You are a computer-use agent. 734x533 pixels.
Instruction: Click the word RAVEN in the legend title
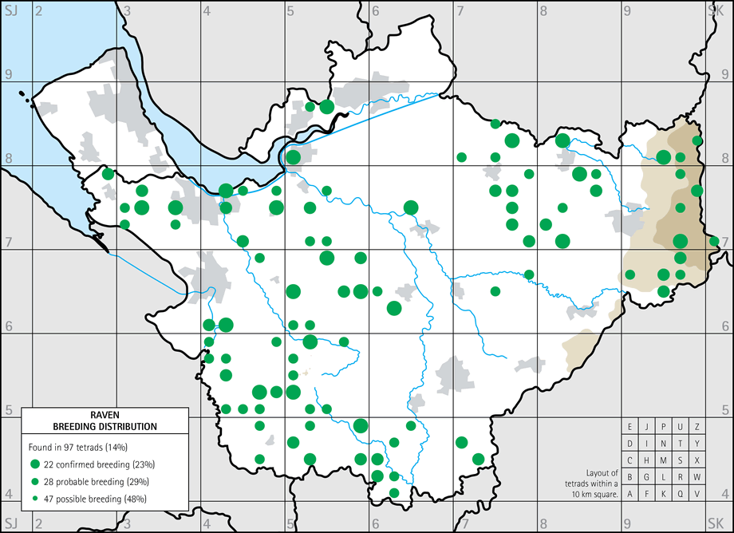click(x=105, y=416)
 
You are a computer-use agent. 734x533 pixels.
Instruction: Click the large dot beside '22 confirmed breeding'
click(x=35, y=464)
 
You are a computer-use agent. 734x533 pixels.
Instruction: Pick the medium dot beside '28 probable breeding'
click(x=35, y=481)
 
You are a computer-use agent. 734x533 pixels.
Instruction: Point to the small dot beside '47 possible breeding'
click(x=35, y=499)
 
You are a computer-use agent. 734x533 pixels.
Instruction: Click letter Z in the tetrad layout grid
click(x=697, y=427)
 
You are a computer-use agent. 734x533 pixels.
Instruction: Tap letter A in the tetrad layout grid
click(x=630, y=494)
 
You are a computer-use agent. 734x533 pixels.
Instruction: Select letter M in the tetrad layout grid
click(x=664, y=460)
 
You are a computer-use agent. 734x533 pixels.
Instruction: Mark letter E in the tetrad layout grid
click(x=630, y=427)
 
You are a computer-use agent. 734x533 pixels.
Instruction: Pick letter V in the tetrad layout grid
click(x=697, y=494)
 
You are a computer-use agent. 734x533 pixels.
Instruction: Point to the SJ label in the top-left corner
click(x=10, y=10)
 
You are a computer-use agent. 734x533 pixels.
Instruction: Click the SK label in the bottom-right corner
click(x=716, y=522)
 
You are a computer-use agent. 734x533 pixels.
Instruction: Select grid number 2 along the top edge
click(x=37, y=10)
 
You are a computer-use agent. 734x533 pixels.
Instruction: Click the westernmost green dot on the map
click(x=109, y=174)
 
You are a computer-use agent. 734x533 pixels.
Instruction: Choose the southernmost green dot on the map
click(x=394, y=492)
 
